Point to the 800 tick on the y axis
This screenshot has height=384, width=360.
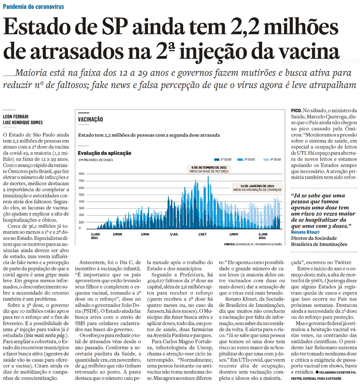(x=81, y=174)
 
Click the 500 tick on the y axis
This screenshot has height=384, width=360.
(x=81, y=194)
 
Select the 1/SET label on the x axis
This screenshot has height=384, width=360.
(x=202, y=234)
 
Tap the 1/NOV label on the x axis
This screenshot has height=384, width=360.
(x=233, y=234)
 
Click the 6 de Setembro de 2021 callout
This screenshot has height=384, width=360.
(x=208, y=169)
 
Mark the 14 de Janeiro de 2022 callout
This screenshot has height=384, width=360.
(x=257, y=188)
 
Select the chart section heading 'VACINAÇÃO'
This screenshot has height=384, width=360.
(x=91, y=119)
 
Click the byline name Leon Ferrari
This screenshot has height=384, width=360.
(x=15, y=117)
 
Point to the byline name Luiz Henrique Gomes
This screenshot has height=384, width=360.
(x=23, y=122)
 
